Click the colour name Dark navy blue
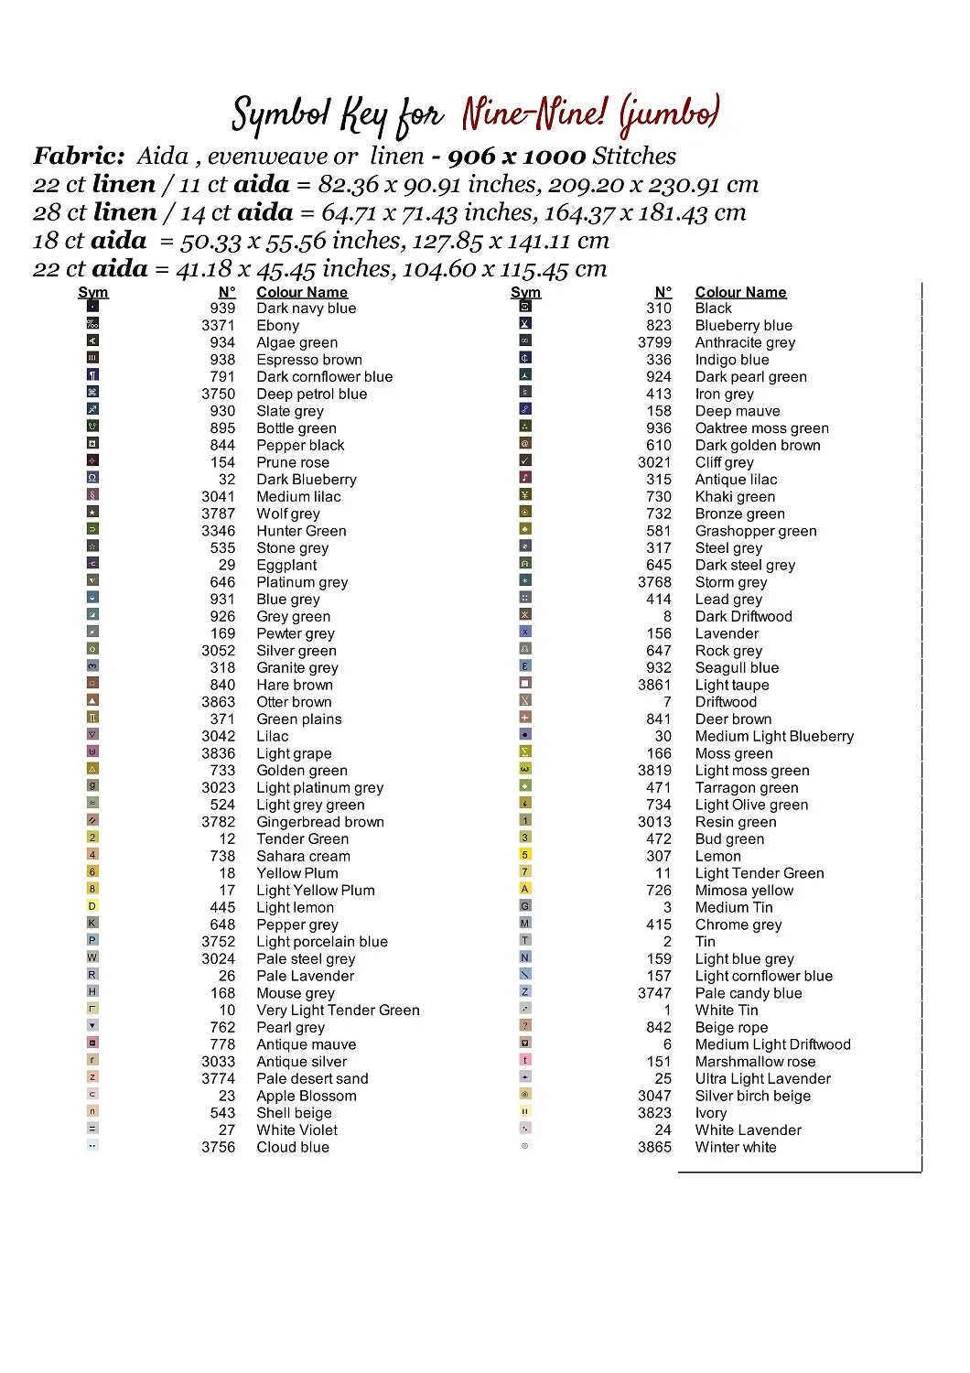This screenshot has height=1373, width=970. tap(306, 308)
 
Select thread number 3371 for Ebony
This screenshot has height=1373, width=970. tap(218, 326)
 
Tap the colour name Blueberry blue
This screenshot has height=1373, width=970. tap(743, 326)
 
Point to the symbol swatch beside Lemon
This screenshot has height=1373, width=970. tap(525, 855)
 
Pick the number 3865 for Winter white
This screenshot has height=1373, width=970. tap(654, 1148)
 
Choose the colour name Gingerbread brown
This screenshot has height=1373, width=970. tap(319, 822)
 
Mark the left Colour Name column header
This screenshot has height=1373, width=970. tap(301, 293)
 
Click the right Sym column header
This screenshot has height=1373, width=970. tap(525, 293)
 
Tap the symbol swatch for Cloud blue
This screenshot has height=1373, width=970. tap(92, 1146)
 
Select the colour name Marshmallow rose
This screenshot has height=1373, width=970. tap(755, 1062)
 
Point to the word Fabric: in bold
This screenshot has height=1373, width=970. tap(79, 157)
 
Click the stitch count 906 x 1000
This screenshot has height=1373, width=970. tap(516, 157)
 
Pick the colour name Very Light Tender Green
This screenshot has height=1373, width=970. tap(338, 1011)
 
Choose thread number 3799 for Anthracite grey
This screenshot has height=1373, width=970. tap(654, 342)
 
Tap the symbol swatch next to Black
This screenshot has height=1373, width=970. tap(525, 307)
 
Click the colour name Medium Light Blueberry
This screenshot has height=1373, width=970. tap(774, 736)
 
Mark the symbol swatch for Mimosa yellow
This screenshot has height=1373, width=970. tap(525, 889)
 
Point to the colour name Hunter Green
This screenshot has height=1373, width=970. tap(301, 531)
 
